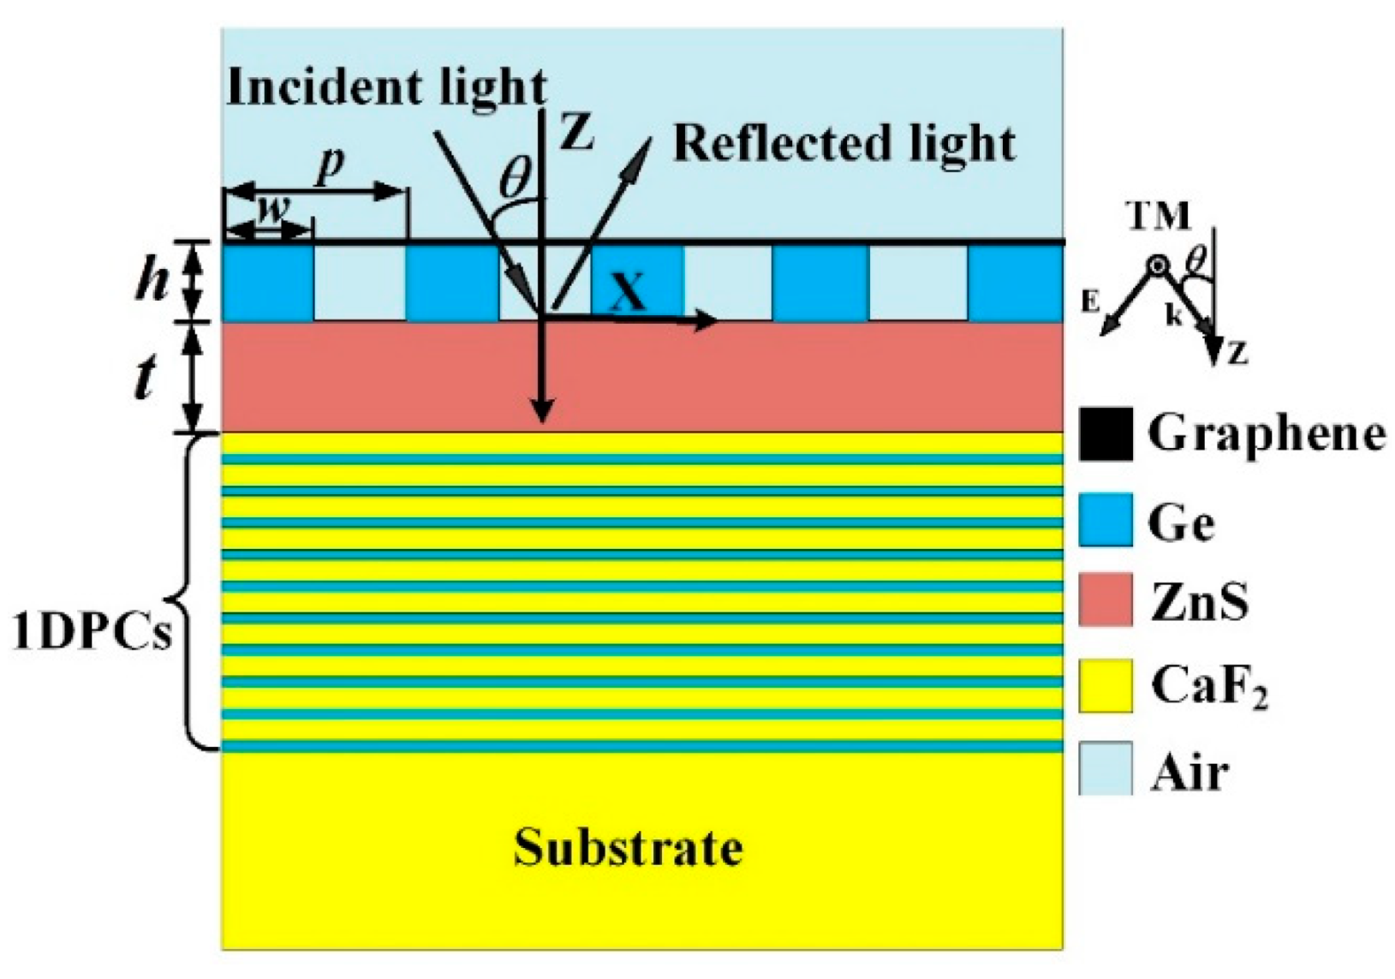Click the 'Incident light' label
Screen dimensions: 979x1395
pos(386,88)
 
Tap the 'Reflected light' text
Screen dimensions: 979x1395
pos(844,144)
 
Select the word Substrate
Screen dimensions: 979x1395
pos(628,848)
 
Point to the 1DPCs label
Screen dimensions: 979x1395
pos(92,634)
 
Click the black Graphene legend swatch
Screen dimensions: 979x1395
pos(1105,434)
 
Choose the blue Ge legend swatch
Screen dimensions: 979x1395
pos(1105,519)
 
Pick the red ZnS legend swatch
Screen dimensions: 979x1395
pos(1105,600)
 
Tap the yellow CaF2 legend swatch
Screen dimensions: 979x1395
pos(1105,685)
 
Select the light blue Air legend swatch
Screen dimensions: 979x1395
pos(1105,768)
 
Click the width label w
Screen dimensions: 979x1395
pos(271,208)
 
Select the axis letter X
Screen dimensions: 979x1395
pos(629,293)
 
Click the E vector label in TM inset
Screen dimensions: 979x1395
pos(1089,301)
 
